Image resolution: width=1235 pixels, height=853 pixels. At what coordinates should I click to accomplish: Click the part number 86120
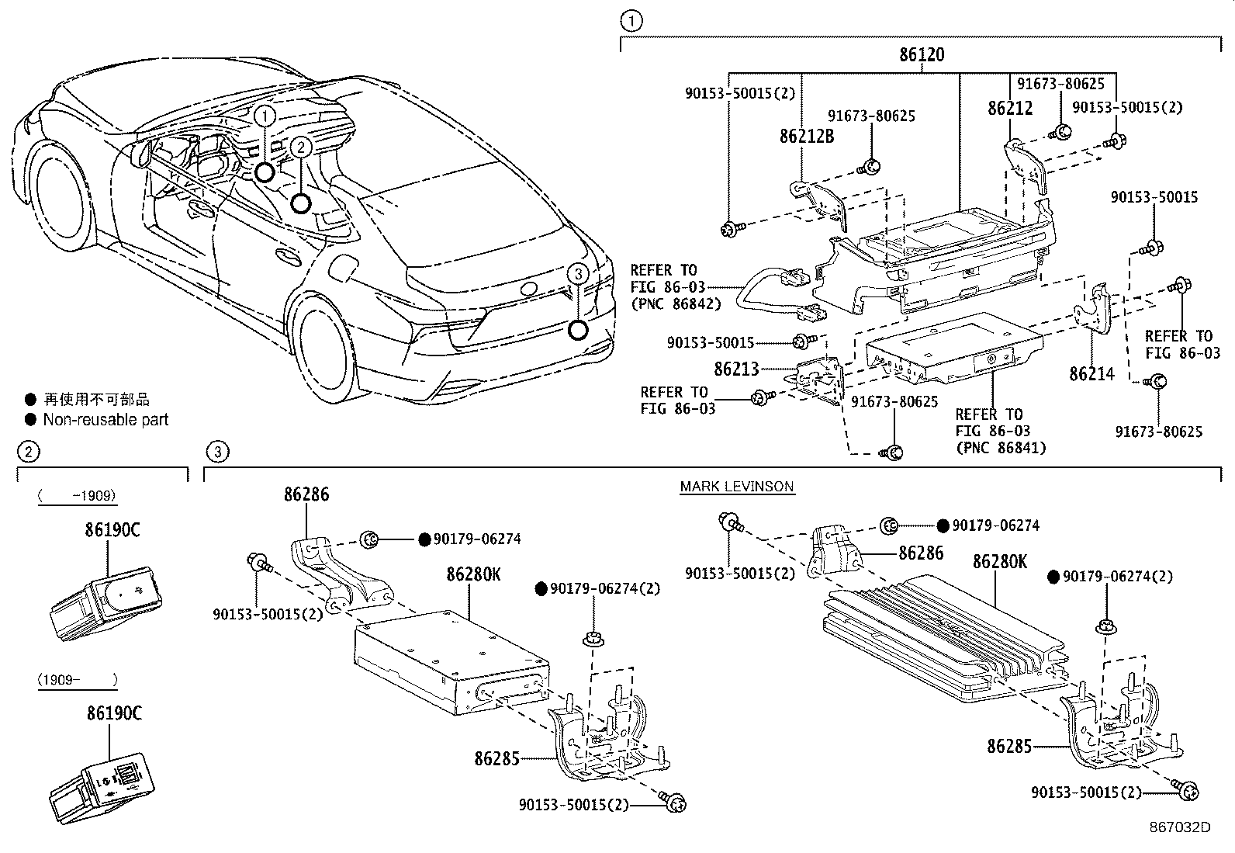click(922, 55)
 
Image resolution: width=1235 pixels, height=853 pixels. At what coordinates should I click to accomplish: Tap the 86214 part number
click(1091, 374)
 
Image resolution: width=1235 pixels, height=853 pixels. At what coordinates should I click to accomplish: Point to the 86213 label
click(736, 369)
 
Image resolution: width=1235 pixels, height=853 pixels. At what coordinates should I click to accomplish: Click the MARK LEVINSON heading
click(736, 487)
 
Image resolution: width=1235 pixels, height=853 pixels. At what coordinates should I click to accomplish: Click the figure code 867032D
click(1180, 827)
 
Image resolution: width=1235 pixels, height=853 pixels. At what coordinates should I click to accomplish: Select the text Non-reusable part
click(106, 420)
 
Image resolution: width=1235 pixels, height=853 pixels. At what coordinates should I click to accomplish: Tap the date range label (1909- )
click(77, 680)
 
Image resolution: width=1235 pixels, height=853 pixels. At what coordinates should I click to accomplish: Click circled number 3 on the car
click(576, 273)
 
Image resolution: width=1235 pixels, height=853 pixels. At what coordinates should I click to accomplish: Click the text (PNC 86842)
click(676, 304)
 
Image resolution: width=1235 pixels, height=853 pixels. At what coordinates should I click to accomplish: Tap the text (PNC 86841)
click(1001, 448)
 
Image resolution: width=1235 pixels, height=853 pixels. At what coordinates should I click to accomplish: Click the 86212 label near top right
click(1010, 109)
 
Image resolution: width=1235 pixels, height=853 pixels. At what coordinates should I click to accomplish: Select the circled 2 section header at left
click(28, 451)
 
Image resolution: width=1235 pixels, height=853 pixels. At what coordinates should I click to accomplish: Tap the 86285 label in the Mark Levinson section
click(1009, 747)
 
